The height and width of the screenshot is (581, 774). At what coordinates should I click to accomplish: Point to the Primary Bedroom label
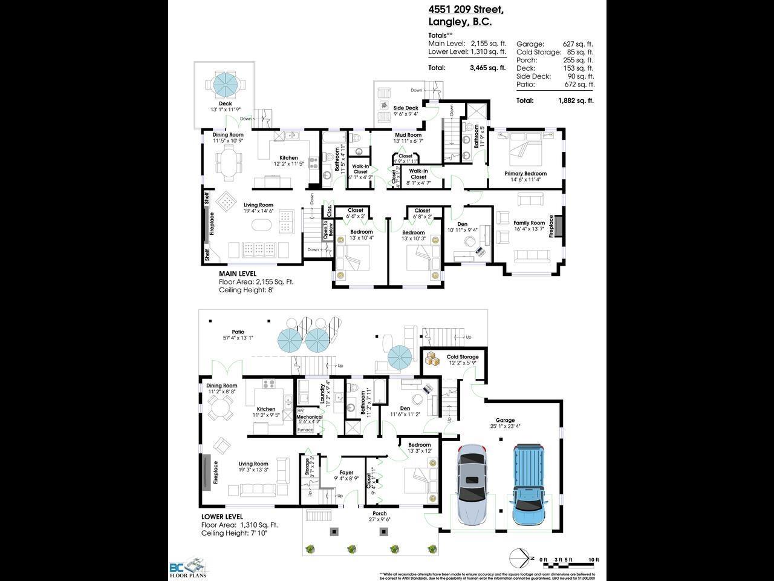point(525,174)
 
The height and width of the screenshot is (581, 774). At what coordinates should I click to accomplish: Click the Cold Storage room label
point(463,357)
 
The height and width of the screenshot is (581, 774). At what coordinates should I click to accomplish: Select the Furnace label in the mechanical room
point(305,430)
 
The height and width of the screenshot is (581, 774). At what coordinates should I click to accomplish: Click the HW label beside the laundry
point(301,411)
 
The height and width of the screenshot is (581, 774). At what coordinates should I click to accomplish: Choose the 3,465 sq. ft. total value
point(487,68)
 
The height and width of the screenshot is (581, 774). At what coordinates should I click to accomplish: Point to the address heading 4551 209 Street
point(466,10)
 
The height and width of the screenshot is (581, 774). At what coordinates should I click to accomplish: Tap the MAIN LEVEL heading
point(238,274)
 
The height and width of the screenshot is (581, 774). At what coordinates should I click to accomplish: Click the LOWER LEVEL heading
point(222,517)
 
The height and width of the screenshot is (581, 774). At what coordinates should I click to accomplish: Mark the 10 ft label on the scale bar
point(593,560)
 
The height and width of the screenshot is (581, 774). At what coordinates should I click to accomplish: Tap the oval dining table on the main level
point(227,163)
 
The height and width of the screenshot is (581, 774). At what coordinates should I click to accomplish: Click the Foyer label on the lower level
point(346,473)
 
